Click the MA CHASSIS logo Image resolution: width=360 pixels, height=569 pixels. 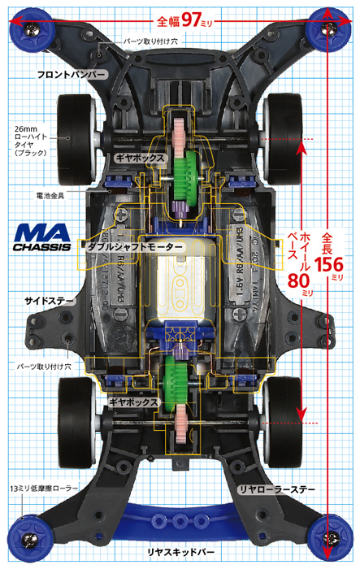41,237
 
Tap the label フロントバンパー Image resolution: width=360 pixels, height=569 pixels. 72,75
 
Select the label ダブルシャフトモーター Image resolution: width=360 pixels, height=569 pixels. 135,247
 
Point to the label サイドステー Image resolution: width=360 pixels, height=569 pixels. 50,301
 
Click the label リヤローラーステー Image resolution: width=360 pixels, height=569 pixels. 276,489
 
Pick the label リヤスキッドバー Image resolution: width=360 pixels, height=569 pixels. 180,552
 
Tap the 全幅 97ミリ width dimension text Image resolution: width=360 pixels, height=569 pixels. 184,20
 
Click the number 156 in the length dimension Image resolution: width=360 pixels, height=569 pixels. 329,264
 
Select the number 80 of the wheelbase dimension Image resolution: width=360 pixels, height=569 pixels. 299,280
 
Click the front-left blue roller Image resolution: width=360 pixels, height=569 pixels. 32,29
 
